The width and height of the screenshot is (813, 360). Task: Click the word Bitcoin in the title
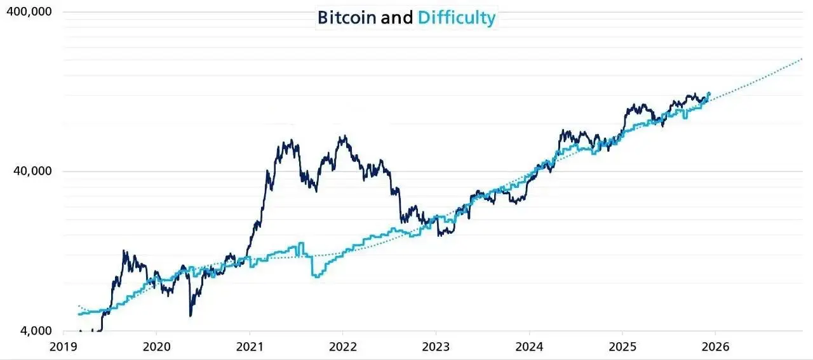346,17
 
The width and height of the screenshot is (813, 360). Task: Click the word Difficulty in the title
456,17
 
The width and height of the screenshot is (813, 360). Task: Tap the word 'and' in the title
397,17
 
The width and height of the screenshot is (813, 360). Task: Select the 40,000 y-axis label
33,171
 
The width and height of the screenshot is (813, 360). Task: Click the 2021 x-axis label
250,347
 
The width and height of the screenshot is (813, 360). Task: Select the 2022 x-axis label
342,347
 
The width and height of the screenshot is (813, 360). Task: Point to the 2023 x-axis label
436,347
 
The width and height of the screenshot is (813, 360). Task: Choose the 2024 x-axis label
529,347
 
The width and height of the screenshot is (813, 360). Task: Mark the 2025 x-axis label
622,347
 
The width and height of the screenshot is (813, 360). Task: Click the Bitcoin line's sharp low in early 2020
191,315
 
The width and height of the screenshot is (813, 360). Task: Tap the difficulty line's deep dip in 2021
316,276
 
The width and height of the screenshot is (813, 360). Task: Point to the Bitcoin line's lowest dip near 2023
440,236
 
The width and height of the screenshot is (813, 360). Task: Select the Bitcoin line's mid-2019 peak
124,251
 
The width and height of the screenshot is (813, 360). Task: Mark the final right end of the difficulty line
709,93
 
